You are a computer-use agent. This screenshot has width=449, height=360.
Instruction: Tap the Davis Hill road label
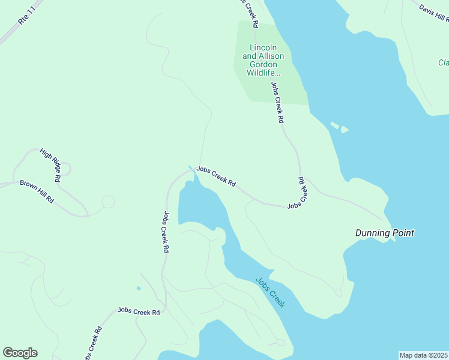point(433,13)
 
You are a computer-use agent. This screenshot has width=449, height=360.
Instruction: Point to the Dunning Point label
point(385,233)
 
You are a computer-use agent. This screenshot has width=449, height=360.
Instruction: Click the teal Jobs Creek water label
point(270,292)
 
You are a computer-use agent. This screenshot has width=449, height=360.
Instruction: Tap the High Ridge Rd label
point(50,165)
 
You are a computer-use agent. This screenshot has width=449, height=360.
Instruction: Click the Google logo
point(20,352)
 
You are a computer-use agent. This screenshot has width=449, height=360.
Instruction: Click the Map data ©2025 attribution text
point(423,355)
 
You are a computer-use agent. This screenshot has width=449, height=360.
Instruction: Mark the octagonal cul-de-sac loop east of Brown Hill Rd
point(108,202)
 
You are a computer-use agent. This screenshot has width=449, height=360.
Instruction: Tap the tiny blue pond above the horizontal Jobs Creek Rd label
point(139,289)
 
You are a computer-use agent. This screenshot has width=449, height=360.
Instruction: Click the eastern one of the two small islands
point(345,129)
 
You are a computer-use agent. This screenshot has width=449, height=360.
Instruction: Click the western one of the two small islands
point(334,125)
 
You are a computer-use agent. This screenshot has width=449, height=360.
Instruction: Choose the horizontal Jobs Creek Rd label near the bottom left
point(139,311)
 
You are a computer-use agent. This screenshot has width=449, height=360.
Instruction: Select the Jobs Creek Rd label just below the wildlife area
point(277,103)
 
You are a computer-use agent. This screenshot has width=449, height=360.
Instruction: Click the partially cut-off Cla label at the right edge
point(443,62)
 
